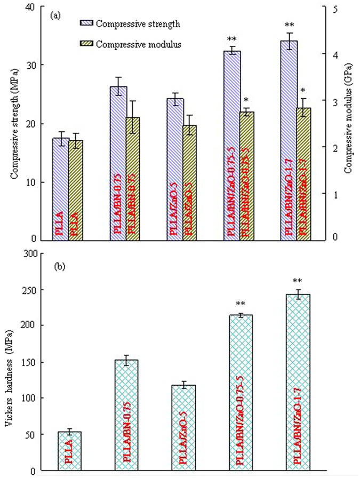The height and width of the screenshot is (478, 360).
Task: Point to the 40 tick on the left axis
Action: pyautogui.click(x=38, y=7)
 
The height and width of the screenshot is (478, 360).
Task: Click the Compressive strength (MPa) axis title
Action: pyautogui.click(x=14, y=123)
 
